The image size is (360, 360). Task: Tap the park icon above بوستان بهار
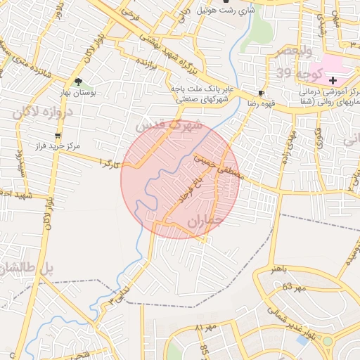tap(78, 82)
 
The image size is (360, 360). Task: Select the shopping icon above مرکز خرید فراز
tap(58, 135)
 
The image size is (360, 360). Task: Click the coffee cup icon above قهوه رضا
tap(262, 93)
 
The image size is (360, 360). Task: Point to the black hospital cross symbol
tap(333, 81)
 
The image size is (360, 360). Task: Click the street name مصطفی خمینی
tap(219, 168)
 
